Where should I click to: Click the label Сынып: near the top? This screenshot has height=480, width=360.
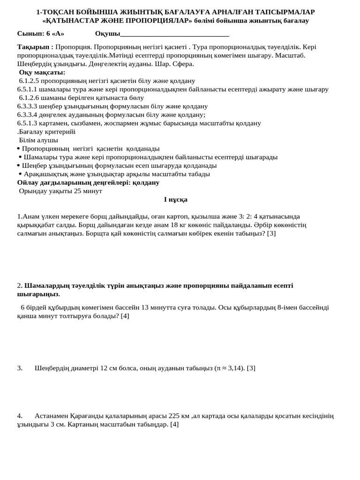[31, 33]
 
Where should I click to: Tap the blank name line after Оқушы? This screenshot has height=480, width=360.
[174, 34]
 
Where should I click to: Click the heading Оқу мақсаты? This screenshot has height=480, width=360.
[42, 72]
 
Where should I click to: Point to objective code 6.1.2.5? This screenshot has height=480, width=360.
[29, 81]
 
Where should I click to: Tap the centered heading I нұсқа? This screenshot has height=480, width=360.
[176, 199]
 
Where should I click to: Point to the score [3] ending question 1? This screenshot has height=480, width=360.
[271, 233]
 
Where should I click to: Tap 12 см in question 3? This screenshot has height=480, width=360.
[108, 368]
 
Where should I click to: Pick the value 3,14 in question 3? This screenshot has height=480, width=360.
[235, 368]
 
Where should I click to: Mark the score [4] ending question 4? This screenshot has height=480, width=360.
[174, 424]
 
